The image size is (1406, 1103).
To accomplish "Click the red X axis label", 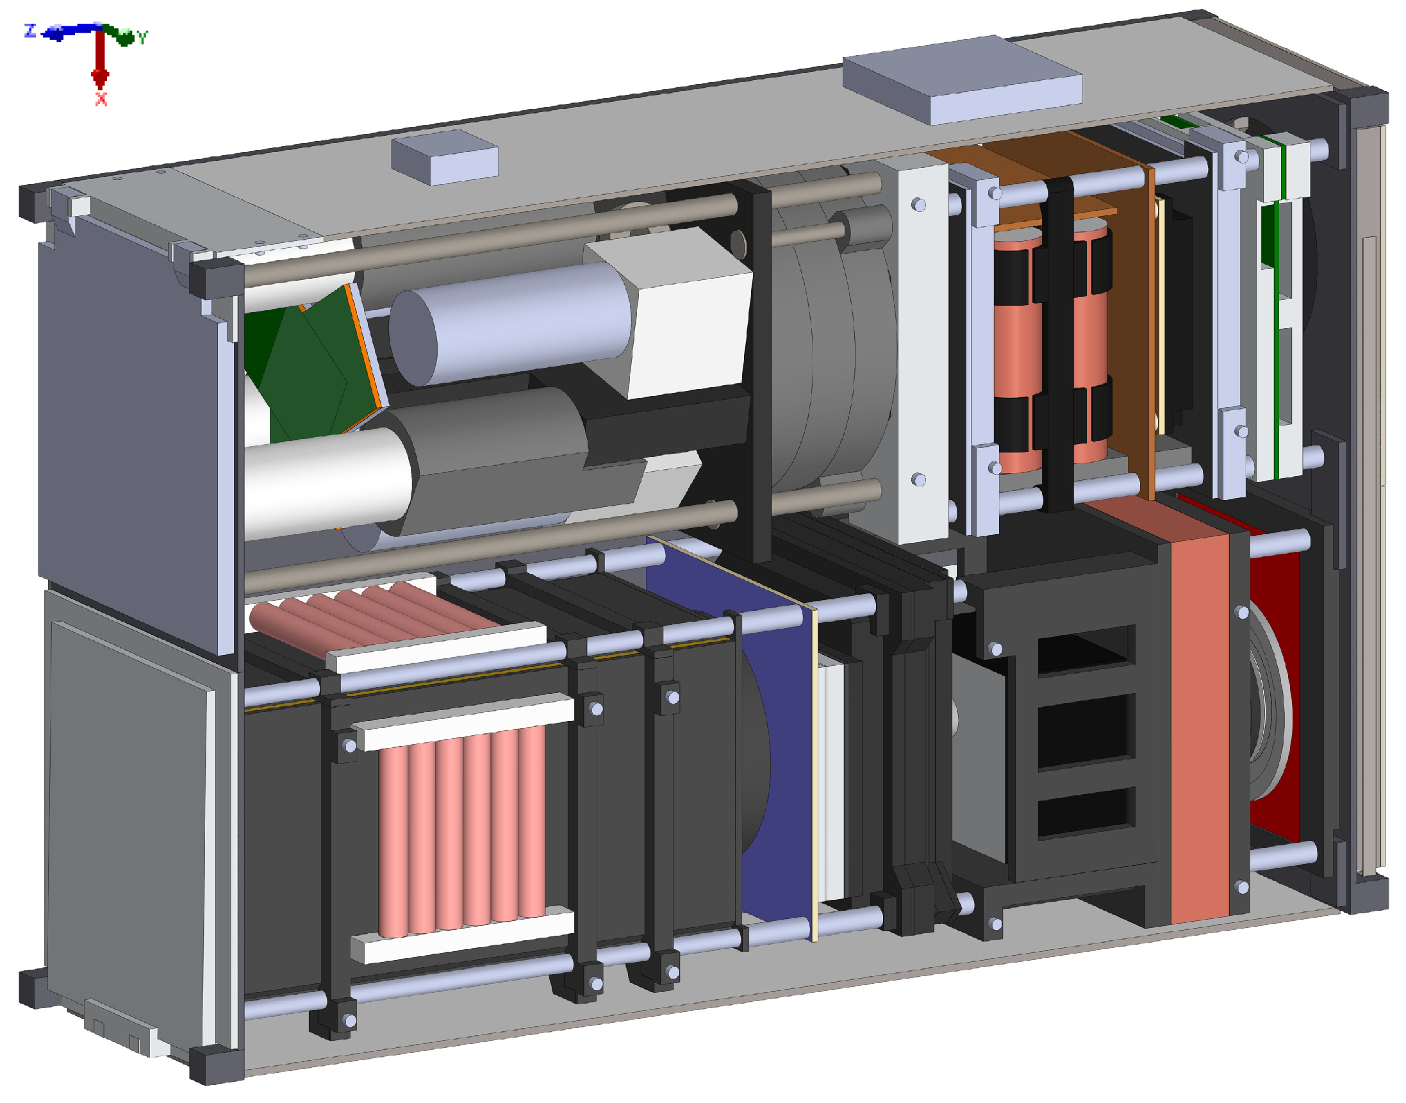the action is tap(101, 99).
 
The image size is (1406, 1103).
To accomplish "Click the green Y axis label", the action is tap(143, 37).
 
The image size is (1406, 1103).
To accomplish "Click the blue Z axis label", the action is tap(29, 30).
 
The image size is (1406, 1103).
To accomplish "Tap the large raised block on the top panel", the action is tap(962, 79).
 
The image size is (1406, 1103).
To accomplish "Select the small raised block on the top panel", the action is tap(445, 157).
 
